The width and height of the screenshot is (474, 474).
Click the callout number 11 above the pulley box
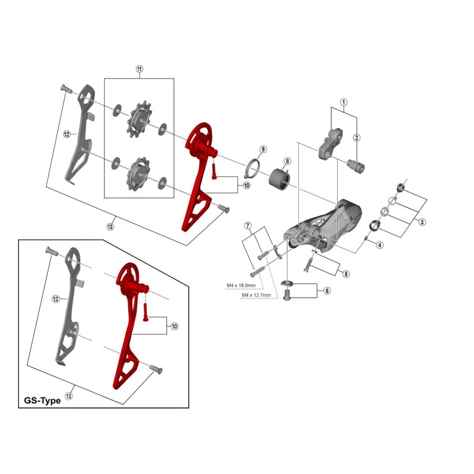pos(139,69)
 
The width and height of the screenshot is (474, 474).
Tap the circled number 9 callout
pos(262,149)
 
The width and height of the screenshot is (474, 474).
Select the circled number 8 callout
pos(287,161)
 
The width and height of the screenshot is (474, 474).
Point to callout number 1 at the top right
pos(343,102)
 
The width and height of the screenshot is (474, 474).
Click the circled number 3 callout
pos(422,222)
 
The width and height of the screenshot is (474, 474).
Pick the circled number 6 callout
pos(327,291)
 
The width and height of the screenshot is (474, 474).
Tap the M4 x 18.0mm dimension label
pos(241,286)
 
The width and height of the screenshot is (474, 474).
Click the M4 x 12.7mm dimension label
pos(256,295)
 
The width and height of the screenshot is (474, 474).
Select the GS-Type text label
pos(42,401)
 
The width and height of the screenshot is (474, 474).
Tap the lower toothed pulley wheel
pos(138,174)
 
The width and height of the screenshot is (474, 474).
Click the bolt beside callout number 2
pos(356,165)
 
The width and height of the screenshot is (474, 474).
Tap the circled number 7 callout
pos(248,226)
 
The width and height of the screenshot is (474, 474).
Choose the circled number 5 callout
pos(346,274)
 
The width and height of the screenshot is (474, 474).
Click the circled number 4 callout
pos(380,245)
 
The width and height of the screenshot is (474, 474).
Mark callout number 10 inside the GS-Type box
pos(175,326)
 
